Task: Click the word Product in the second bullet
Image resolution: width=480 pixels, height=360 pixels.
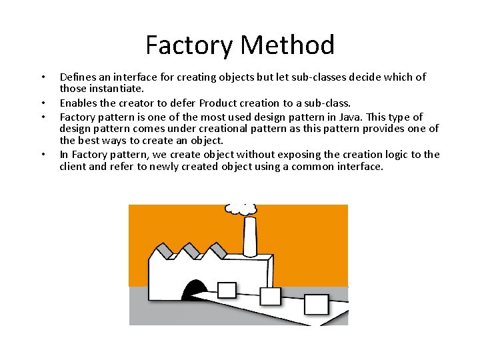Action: tap(222, 103)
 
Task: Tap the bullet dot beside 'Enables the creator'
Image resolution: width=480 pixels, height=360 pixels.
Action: tap(43, 103)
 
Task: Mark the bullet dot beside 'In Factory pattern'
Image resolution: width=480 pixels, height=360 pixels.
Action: tap(43, 155)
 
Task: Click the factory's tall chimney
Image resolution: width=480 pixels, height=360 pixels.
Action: tap(250, 237)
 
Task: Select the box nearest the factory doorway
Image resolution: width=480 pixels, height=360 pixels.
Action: tap(227, 290)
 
